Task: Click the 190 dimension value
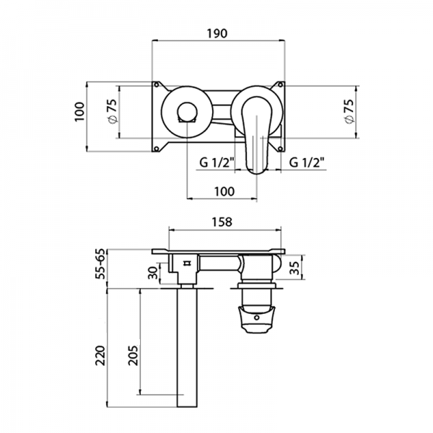point(218,33)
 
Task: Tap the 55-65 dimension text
point(100,263)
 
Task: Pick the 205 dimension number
point(133,354)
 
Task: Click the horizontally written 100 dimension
point(224,191)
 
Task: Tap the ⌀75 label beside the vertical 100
point(112,113)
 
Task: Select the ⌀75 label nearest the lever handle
point(349,113)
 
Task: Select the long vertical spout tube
point(187,346)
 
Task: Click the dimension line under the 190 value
point(218,42)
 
